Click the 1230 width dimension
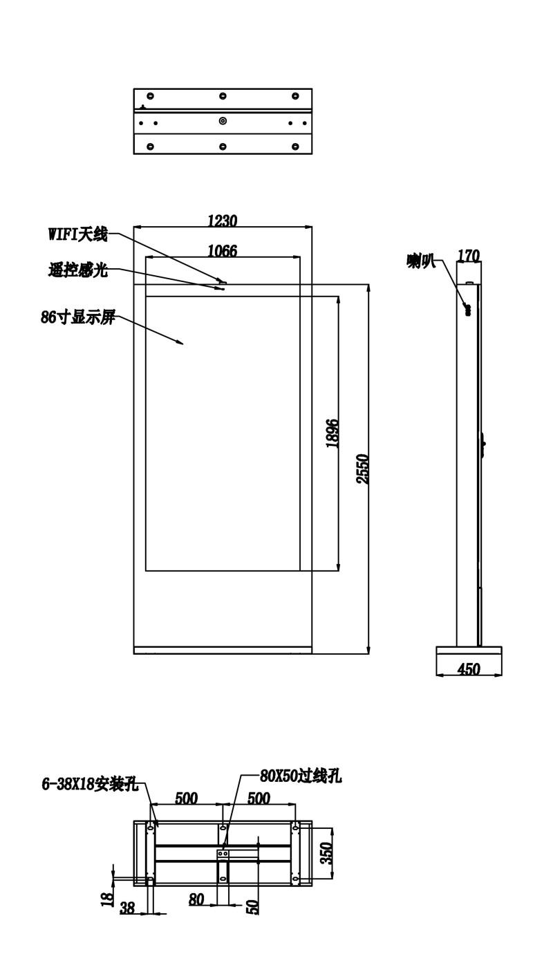[x=223, y=221]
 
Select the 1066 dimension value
[x=223, y=251]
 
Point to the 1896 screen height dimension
[x=333, y=433]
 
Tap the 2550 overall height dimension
[x=363, y=469]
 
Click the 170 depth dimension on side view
[x=469, y=256]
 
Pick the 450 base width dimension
[x=469, y=669]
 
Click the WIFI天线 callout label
[x=77, y=235]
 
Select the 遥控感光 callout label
[x=78, y=270]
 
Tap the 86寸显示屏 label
[x=78, y=317]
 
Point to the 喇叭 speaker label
[x=421, y=261]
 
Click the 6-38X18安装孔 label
[x=91, y=784]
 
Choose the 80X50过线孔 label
[x=301, y=776]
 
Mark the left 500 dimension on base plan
[x=187, y=798]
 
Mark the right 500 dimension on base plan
[x=259, y=798]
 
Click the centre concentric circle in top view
[x=223, y=120]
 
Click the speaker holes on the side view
[x=467, y=310]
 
